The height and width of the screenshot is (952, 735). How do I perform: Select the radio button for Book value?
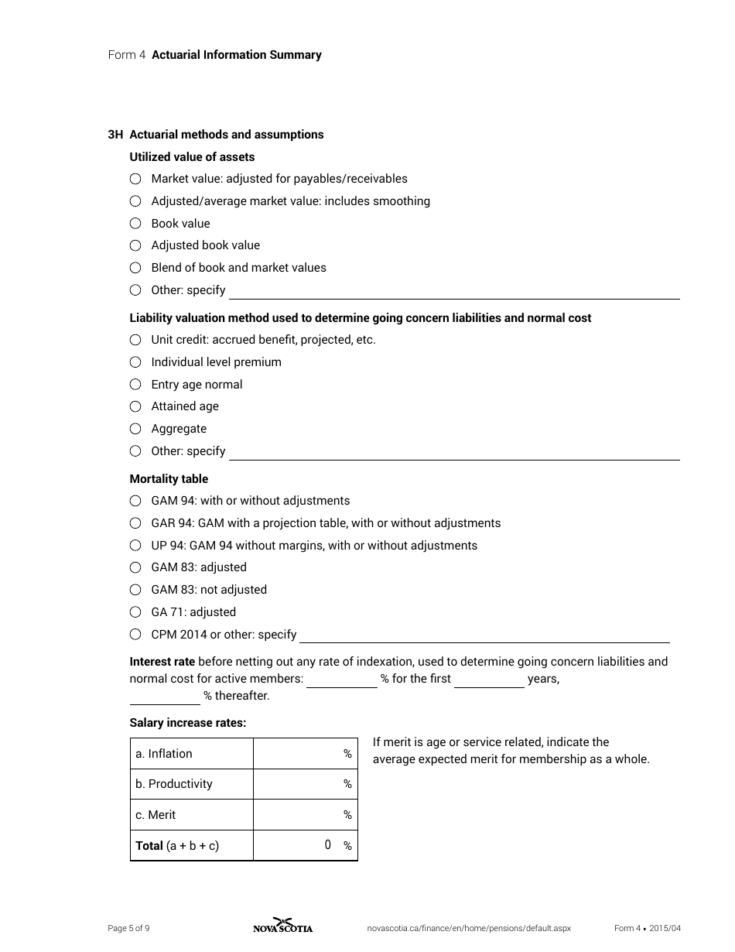pyautogui.click(x=135, y=224)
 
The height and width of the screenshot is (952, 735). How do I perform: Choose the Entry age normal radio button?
pyautogui.click(x=135, y=385)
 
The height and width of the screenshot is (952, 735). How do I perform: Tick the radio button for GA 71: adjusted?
pyautogui.click(x=135, y=612)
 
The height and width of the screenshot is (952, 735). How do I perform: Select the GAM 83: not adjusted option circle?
pyautogui.click(x=135, y=590)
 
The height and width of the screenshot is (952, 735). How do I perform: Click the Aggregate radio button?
pyautogui.click(x=135, y=429)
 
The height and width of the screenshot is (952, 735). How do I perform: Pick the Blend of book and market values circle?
pyautogui.click(x=135, y=268)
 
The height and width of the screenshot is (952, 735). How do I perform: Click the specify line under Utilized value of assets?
pyautogui.click(x=453, y=291)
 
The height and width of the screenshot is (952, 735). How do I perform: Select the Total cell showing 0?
pyautogui.click(x=306, y=845)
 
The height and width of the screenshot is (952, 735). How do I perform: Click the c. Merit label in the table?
pyautogui.click(x=156, y=815)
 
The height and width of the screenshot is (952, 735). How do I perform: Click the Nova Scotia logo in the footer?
pyautogui.click(x=283, y=926)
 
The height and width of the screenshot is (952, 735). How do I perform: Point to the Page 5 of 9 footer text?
pyautogui.click(x=128, y=929)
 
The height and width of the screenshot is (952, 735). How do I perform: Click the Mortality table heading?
pyautogui.click(x=169, y=479)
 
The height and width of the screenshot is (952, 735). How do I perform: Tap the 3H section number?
pyautogui.click(x=115, y=135)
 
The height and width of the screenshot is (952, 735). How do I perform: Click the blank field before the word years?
pyautogui.click(x=489, y=680)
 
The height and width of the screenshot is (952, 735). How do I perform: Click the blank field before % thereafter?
pyautogui.click(x=165, y=697)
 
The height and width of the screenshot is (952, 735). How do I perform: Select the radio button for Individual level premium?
pyautogui.click(x=135, y=362)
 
